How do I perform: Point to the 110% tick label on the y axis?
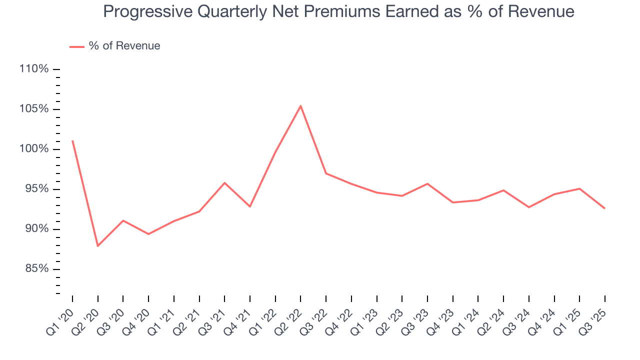[x=34, y=69]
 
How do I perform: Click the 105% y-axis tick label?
[x=34, y=109]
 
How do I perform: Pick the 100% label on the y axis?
[x=34, y=149]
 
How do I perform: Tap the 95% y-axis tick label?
[x=36, y=189]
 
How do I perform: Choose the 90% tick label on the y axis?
[x=36, y=229]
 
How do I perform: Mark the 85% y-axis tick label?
[x=36, y=269]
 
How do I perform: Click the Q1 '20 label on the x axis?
[x=60, y=318]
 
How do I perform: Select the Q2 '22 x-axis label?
[x=288, y=318]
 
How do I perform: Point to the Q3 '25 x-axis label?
[x=593, y=318]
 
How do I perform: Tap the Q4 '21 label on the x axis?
[x=238, y=318]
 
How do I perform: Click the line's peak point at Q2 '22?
[x=300, y=105]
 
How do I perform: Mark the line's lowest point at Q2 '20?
[x=97, y=246]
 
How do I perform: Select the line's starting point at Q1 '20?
[x=72, y=140]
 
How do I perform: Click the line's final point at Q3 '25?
[x=604, y=208]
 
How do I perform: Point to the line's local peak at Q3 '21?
[x=224, y=182]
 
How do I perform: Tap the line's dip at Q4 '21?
[x=249, y=206]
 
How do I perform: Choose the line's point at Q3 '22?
[x=326, y=173]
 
